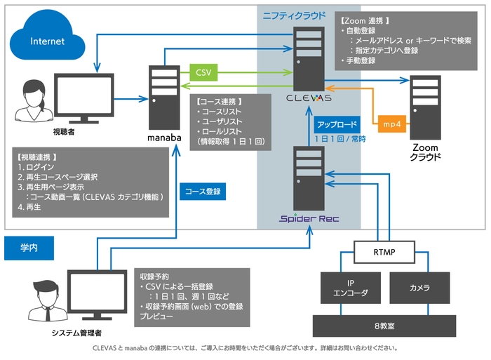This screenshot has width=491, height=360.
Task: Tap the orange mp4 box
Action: point(391,124)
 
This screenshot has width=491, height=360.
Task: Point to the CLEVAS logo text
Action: point(310,98)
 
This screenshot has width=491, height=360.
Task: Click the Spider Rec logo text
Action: point(309,218)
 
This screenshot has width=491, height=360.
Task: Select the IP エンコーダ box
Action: point(349,287)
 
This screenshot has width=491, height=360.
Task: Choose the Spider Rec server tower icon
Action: point(310,176)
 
